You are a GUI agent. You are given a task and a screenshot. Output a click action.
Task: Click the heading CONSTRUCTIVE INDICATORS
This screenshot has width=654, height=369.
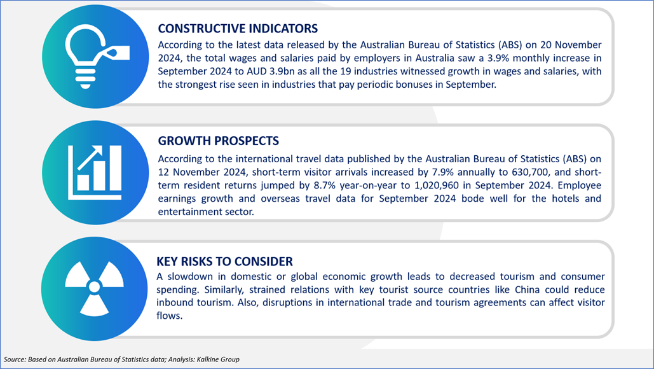[238, 29]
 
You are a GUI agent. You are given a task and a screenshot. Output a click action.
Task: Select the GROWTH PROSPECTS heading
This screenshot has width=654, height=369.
[218, 141]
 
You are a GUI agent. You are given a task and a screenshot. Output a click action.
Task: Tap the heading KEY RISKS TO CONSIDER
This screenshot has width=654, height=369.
[224, 261]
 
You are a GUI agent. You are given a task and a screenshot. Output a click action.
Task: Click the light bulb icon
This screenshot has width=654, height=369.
[97, 57]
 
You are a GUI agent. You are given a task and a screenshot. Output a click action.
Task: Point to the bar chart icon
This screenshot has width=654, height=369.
[95, 172]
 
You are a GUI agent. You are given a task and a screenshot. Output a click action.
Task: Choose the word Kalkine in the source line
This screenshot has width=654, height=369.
[208, 359]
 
